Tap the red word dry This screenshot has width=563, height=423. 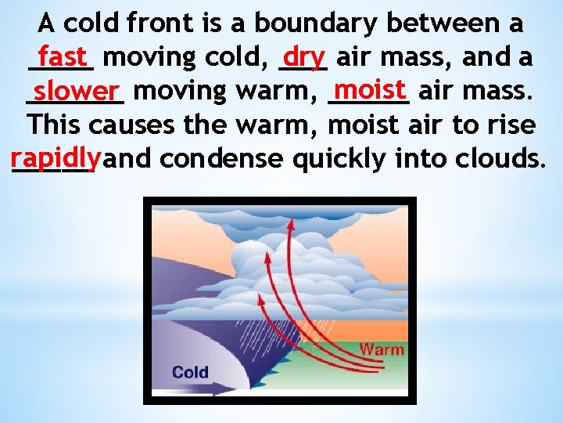pyautogui.click(x=304, y=56)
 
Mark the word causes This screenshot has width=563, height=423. pyautogui.click(x=134, y=125)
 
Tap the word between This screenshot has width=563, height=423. pyautogui.click(x=450, y=23)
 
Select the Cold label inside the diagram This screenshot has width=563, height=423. pyautogui.click(x=190, y=371)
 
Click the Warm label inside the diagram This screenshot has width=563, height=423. pyautogui.click(x=382, y=349)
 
